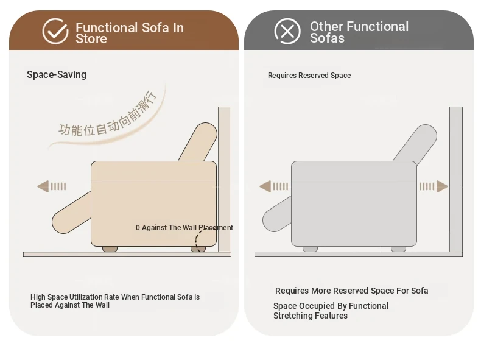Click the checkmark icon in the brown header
pos(55,31)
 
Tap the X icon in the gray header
pos(287,31)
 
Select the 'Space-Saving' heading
pos(57,74)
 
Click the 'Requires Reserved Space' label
pos(309,76)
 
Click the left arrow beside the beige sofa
pos(52,186)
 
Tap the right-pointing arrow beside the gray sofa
pos(434,186)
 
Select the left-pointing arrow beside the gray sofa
pos(273,186)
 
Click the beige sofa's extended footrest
pos(72,213)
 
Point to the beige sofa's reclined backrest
pos(198,141)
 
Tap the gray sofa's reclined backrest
pos(416,143)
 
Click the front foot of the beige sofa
pos(110,249)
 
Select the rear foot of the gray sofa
pos(398,249)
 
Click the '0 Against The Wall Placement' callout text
pos(184,228)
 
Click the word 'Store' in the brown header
pos(91,39)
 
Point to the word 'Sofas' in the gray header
pos(327,38)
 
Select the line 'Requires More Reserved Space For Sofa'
pos(351,291)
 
